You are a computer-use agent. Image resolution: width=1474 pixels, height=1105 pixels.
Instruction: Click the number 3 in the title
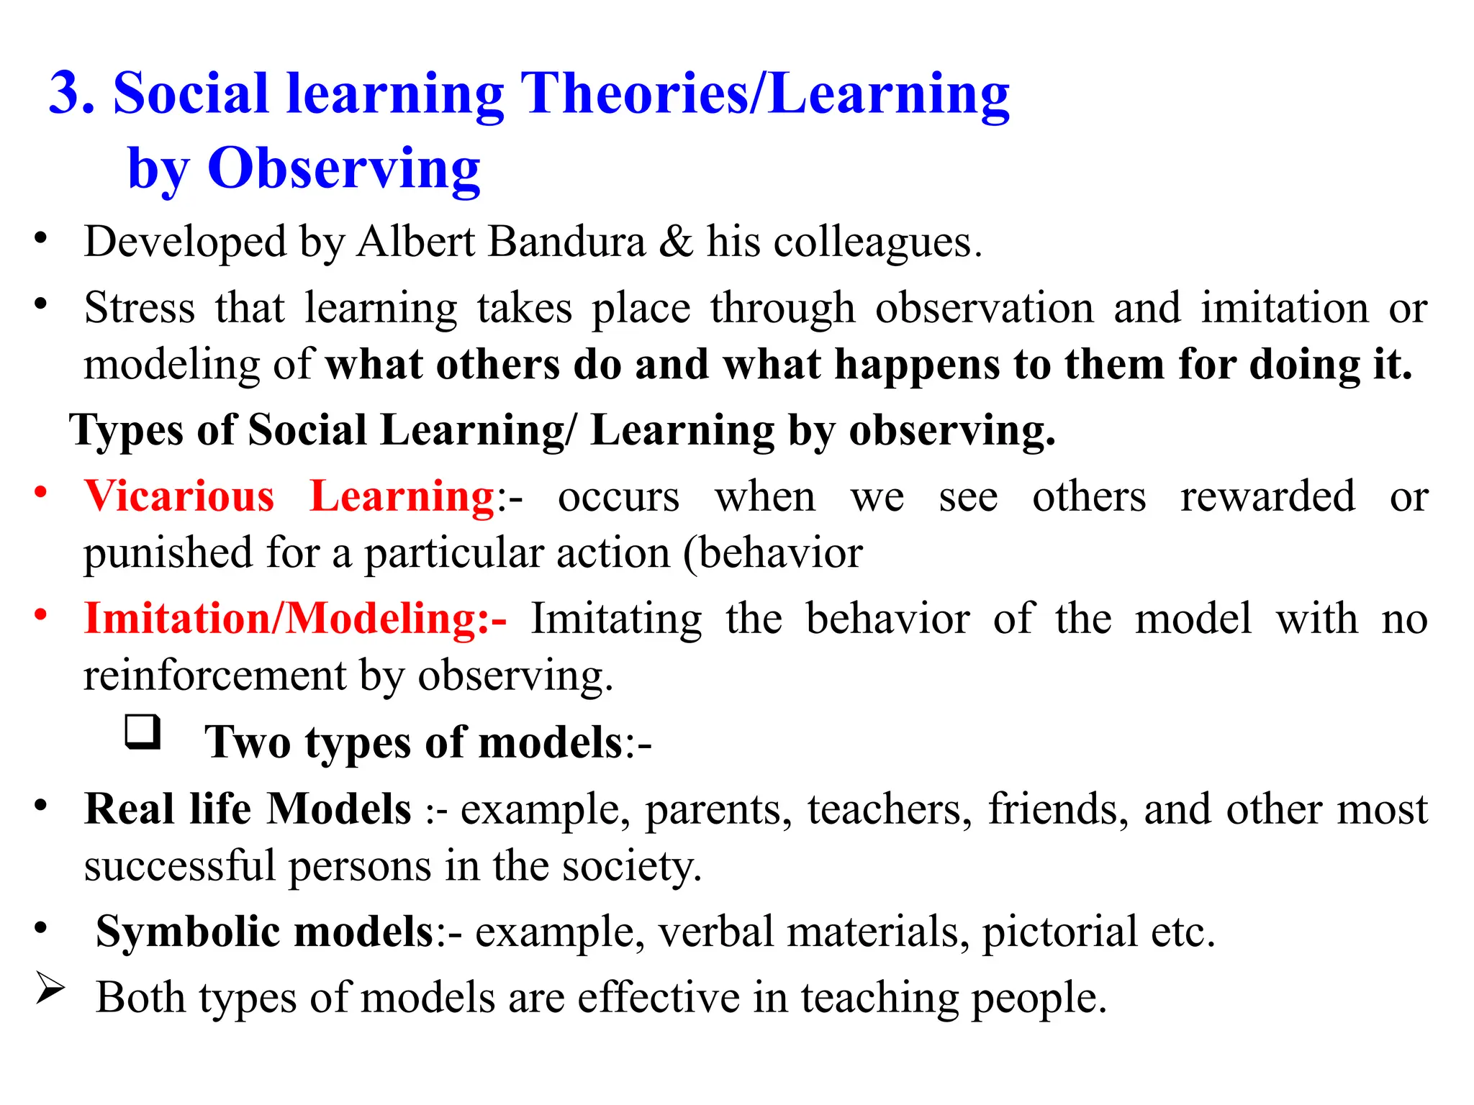(x=71, y=94)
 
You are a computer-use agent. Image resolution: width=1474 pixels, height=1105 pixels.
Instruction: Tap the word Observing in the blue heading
(x=343, y=168)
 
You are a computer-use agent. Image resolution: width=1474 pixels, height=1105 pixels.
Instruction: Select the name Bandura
(x=566, y=242)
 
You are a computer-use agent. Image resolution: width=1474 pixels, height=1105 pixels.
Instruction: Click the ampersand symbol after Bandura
(x=675, y=242)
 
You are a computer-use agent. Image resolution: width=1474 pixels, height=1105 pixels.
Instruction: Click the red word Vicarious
(x=179, y=496)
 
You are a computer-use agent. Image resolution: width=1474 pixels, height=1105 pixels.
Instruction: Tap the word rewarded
(x=1267, y=496)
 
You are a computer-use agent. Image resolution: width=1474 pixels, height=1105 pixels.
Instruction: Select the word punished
(x=168, y=554)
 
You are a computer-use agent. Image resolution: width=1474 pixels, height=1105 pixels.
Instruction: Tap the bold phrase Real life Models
(x=248, y=809)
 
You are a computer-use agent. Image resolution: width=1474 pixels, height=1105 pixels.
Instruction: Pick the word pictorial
(x=1059, y=932)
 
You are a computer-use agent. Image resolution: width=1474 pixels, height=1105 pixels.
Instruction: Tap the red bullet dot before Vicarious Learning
(x=41, y=493)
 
